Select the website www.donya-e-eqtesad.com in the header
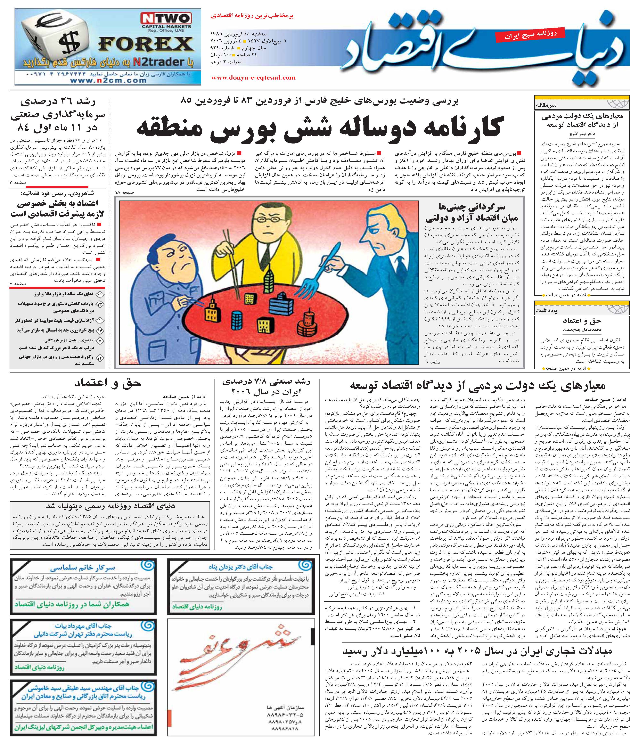tap(253, 77)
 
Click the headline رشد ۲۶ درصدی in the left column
tap(57, 102)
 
